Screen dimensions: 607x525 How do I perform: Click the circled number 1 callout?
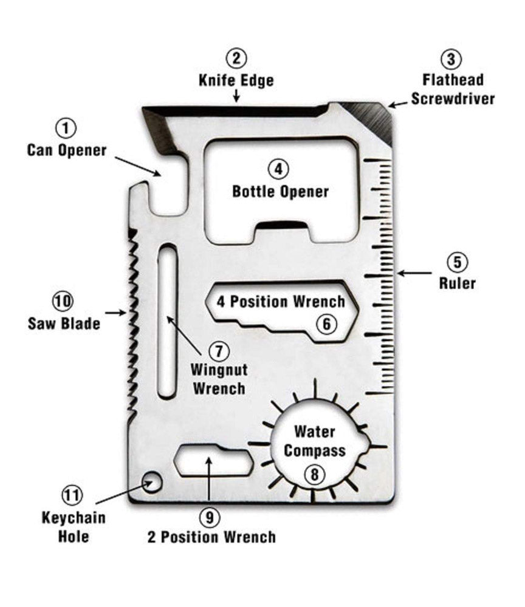[66, 128]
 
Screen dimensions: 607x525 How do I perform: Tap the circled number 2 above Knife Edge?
[236, 59]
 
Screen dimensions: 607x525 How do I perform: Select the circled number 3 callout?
[450, 59]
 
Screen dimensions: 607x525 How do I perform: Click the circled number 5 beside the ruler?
[457, 262]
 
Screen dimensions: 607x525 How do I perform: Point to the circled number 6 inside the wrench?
[326, 324]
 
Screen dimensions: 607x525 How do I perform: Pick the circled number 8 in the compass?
[314, 474]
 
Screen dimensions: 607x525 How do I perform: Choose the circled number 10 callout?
[63, 300]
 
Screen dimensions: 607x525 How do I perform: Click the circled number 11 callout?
[72, 495]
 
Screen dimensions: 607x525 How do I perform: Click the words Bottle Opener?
[281, 192]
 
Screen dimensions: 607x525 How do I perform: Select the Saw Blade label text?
[64, 324]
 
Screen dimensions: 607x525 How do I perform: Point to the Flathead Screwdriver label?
[453, 89]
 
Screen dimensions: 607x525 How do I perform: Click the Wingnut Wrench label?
[219, 379]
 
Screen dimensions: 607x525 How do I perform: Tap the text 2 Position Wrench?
[211, 537]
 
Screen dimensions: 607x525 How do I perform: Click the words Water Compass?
[315, 441]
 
